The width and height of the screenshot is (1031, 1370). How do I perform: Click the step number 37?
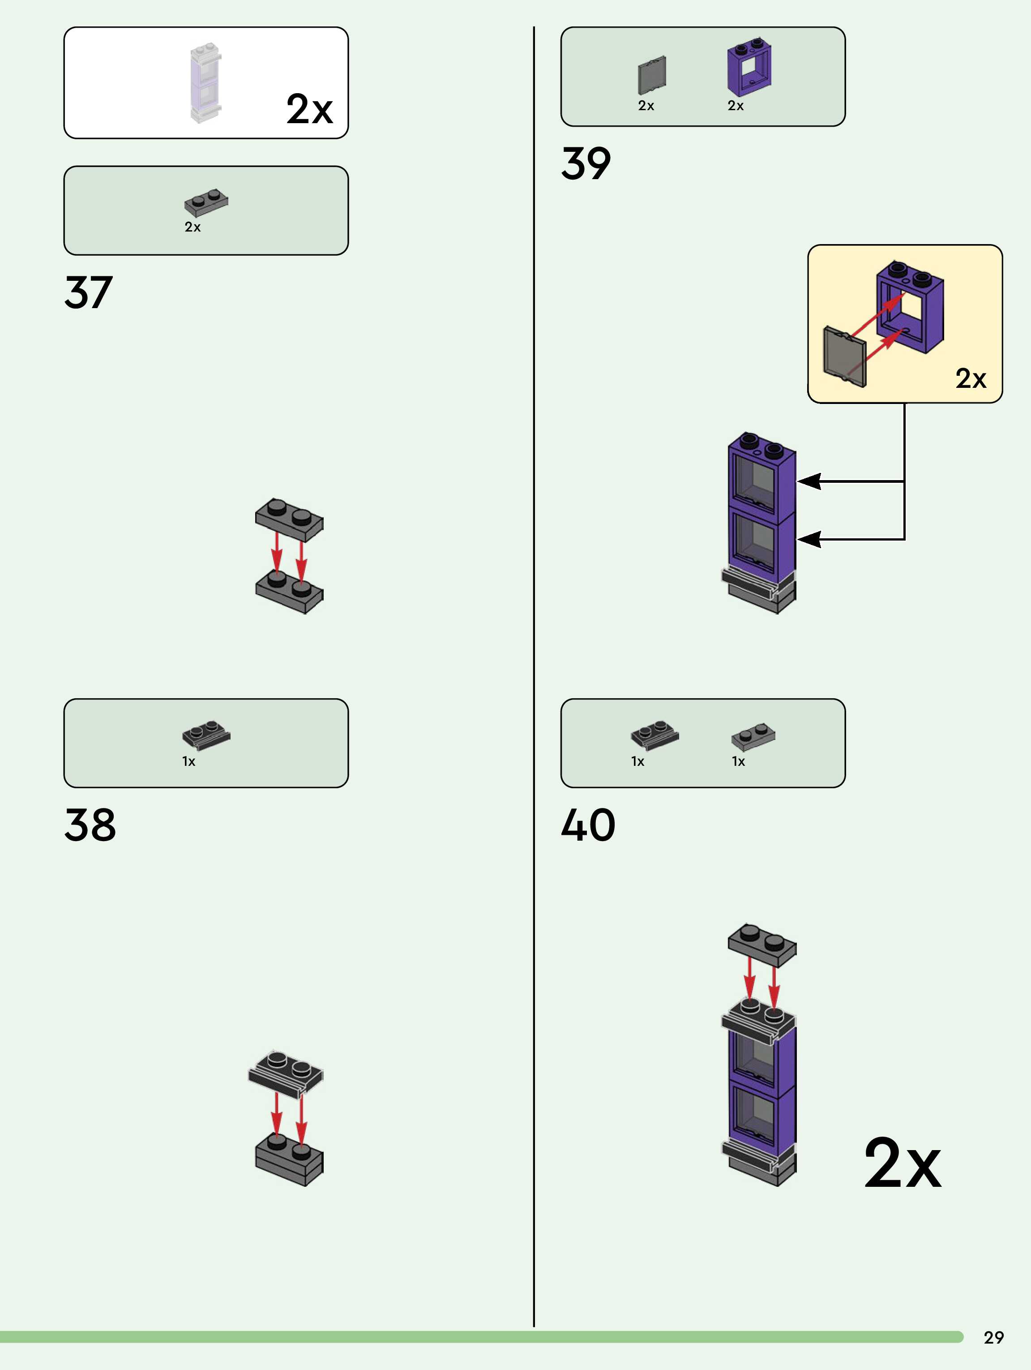[x=89, y=292]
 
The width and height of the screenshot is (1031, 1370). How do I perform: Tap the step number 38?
[x=90, y=825]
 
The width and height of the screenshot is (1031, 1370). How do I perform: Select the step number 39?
[x=586, y=163]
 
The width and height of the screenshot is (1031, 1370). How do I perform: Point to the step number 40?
[x=588, y=825]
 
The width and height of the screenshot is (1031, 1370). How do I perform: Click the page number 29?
[x=993, y=1337]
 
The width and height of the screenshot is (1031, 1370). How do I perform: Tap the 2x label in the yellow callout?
[x=970, y=378]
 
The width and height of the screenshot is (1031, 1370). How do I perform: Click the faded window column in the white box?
[x=205, y=82]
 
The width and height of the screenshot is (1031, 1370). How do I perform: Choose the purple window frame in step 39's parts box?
[x=749, y=68]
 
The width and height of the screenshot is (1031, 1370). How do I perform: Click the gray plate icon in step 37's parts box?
[x=206, y=202]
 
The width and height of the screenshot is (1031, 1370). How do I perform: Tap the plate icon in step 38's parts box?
[x=206, y=734]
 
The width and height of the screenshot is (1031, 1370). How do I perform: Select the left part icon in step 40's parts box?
[x=655, y=734]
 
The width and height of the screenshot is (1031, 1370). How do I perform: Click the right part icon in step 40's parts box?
[x=753, y=736]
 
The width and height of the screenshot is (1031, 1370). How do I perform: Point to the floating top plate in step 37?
[x=289, y=519]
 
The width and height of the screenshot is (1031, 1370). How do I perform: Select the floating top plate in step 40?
[x=761, y=945]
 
